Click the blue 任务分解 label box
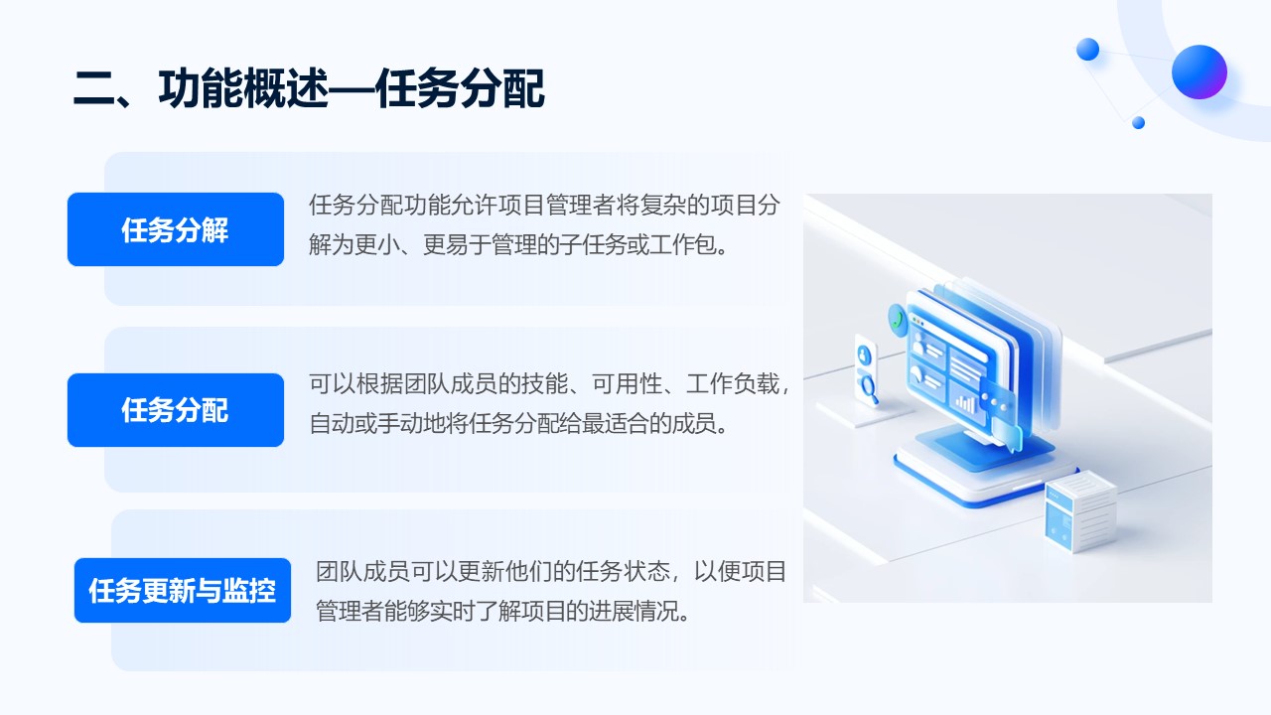click(x=176, y=229)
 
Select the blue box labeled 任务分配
click(x=176, y=410)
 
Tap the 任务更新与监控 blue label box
click(x=182, y=590)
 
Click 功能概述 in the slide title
click(x=244, y=88)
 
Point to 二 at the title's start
click(x=94, y=89)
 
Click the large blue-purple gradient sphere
click(x=1199, y=72)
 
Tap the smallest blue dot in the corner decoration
click(x=1138, y=122)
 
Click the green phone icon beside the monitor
click(x=897, y=320)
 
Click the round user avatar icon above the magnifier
click(x=864, y=356)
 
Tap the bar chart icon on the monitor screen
click(x=964, y=403)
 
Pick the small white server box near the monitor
click(x=1080, y=510)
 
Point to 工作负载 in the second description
click(x=733, y=384)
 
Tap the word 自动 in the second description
click(x=332, y=424)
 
